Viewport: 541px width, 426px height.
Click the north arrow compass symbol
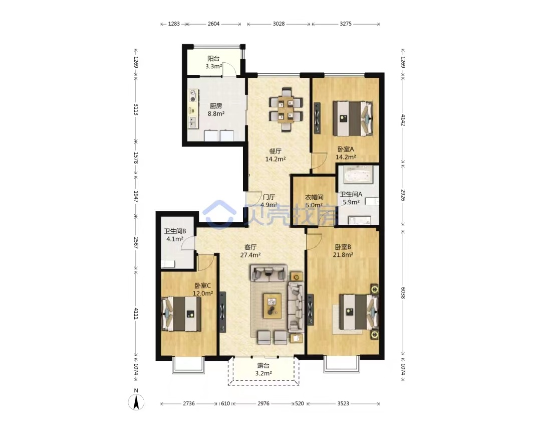pos(136,402)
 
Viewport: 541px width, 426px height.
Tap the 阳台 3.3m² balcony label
pos(213,63)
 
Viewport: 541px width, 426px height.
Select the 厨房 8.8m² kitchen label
pos(216,109)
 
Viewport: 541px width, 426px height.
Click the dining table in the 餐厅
pos(286,109)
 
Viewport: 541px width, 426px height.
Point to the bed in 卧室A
pos(353,118)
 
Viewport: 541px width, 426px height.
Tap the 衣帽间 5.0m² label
pos(314,201)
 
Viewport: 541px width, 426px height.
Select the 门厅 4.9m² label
pos(269,201)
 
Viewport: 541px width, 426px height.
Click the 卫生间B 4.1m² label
pos(175,235)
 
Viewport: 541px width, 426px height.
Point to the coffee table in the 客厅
pos(273,306)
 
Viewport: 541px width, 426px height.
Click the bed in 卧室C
pos(181,314)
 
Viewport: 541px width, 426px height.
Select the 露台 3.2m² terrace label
pos(263,369)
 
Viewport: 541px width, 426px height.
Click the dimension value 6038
pos(403,293)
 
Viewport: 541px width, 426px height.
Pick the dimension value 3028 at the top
pos(279,24)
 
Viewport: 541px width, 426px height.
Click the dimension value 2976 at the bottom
pos(263,403)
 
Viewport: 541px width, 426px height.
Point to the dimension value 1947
pos(136,197)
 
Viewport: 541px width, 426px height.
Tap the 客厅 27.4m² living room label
pos(250,251)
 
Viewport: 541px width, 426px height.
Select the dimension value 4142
pos(403,119)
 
